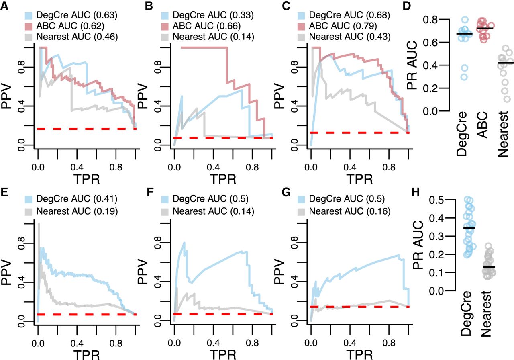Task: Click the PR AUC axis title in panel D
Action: coord(421,65)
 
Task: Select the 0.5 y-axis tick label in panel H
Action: coord(439,200)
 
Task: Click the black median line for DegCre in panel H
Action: coord(466,228)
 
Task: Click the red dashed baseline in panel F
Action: coord(223,313)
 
